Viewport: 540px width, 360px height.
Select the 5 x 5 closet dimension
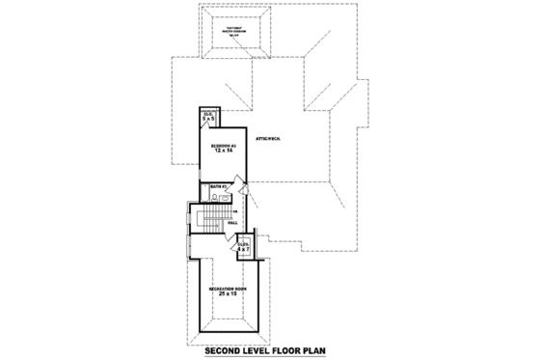coord(208,120)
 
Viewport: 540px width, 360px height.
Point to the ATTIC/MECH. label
coord(269,140)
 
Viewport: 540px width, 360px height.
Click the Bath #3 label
coord(218,186)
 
